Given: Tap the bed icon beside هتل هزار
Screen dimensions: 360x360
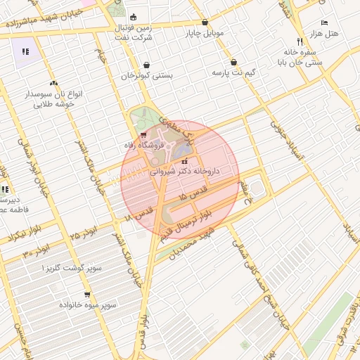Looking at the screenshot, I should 324,22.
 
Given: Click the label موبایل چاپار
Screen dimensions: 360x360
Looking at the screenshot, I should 204,32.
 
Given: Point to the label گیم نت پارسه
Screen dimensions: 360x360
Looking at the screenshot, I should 233,72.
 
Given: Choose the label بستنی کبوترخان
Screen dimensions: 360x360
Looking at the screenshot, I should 146,75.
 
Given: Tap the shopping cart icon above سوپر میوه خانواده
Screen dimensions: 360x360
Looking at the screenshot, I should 86,295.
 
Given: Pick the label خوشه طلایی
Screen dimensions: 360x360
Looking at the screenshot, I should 54,103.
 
